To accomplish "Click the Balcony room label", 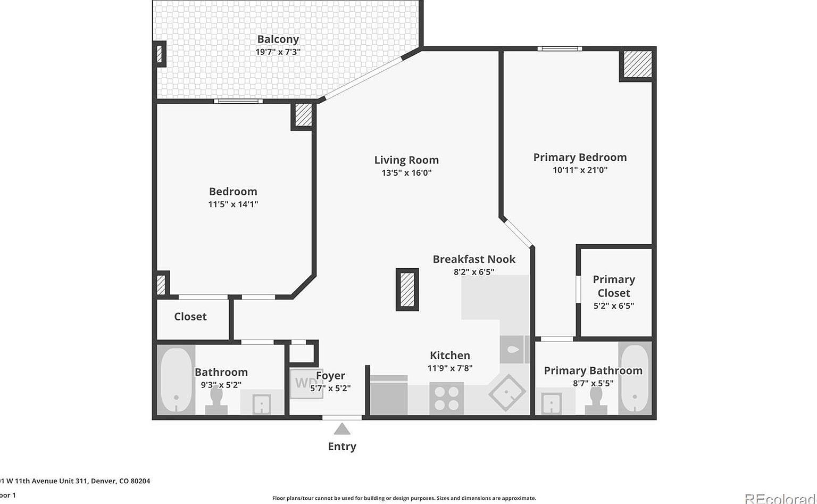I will point(278,39).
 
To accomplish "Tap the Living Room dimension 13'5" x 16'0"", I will point(406,173).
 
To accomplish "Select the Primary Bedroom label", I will point(580,158).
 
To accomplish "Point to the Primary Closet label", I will point(614,286).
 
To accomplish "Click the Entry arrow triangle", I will point(342,429).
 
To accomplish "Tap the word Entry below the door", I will point(342,447).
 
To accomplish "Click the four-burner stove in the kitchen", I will point(446,399).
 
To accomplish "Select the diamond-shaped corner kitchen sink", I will point(507,393).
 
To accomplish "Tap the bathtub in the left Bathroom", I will point(176,379).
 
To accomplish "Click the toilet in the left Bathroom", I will point(216,401).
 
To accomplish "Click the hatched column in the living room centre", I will point(407,290).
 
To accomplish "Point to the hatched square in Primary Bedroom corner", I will point(637,64).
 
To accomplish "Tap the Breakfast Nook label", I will point(474,260).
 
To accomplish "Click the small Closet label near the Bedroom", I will point(190,317).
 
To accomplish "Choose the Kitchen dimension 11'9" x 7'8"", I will point(450,368).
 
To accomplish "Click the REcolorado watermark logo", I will point(780,498).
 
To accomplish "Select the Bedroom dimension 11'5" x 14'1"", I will point(233,204).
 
